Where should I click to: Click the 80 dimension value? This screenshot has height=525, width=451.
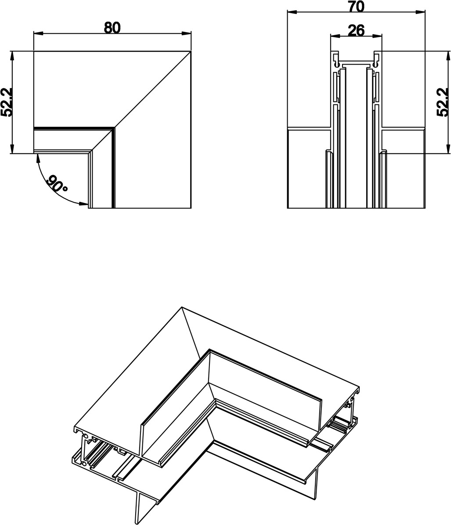[x=112, y=28]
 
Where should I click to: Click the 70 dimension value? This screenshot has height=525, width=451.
[x=356, y=7]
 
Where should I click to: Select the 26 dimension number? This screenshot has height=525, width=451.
[x=356, y=30]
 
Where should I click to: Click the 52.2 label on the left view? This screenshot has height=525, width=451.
[x=6, y=102]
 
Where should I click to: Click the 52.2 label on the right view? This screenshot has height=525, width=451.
[x=443, y=102]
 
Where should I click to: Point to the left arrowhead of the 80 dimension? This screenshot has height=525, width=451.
[x=38, y=33]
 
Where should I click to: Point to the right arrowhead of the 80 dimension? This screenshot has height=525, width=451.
[x=186, y=33]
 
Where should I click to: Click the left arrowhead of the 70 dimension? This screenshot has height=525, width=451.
[x=292, y=12]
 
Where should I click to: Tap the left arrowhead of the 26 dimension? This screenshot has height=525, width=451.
[x=335, y=36]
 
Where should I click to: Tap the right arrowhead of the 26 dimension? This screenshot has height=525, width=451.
[x=377, y=36]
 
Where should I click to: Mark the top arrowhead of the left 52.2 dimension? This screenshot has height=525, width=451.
[x=12, y=56]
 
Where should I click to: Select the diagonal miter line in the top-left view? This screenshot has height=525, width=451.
[x=153, y=90]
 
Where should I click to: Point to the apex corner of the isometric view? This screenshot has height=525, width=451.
[x=182, y=307]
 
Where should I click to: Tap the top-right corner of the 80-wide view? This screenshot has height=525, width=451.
[x=191, y=51]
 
